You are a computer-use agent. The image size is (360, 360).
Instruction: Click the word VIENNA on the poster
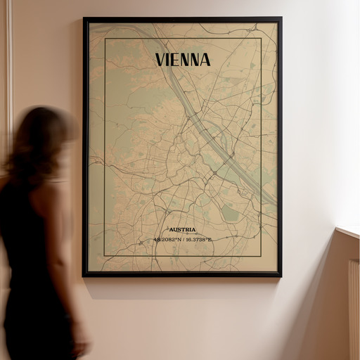[x=182, y=59]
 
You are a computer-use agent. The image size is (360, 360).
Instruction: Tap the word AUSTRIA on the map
[x=182, y=230]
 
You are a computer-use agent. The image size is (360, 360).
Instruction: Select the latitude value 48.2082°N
[x=167, y=240]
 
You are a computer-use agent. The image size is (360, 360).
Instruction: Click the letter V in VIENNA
[x=160, y=59]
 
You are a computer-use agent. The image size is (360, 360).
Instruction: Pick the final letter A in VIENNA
[x=204, y=59]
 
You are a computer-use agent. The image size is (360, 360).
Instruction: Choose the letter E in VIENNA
[x=175, y=59]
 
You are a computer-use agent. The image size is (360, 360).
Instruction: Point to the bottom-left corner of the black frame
[x=84, y=275]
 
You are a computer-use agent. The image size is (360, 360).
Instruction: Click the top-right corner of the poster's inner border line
[x=261, y=39]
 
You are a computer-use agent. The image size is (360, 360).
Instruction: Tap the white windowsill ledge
[x=348, y=231]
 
